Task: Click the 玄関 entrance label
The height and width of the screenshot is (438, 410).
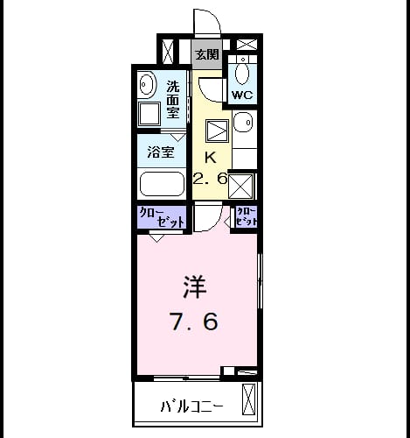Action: click(x=206, y=54)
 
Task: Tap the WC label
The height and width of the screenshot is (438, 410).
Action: click(x=242, y=95)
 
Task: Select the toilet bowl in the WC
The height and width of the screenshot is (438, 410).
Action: click(x=242, y=73)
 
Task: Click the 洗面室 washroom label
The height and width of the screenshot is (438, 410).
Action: click(x=173, y=99)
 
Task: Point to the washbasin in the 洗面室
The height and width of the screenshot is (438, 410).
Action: click(x=146, y=84)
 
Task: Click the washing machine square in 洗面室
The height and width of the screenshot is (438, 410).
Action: click(x=149, y=114)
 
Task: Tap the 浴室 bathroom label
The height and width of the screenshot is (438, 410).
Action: click(x=161, y=152)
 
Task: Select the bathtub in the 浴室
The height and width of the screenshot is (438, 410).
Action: click(x=162, y=184)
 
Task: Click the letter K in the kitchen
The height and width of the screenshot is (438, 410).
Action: click(x=211, y=158)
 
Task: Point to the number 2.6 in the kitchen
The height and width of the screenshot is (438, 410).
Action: click(x=210, y=179)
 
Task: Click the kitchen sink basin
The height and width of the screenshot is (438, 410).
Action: click(x=244, y=122)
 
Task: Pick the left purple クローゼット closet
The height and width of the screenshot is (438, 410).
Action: click(x=162, y=217)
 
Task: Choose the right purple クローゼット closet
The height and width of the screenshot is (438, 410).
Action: click(x=247, y=217)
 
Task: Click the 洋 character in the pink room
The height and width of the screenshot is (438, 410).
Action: click(x=195, y=287)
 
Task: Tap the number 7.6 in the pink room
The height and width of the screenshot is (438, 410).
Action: click(x=194, y=321)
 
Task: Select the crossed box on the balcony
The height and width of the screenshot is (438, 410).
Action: click(x=248, y=399)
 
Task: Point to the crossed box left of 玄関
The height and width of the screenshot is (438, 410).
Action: click(x=168, y=52)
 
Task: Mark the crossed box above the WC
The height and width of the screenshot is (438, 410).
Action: click(x=247, y=45)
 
